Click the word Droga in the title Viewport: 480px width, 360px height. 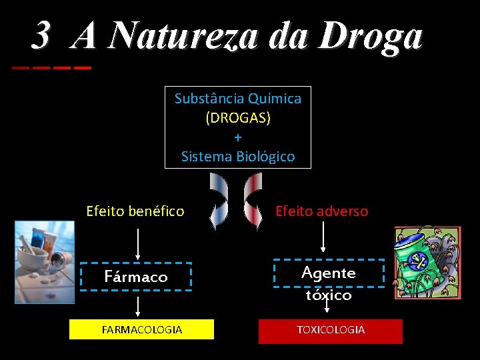[x=370, y=37]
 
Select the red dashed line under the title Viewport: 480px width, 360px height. [x=51, y=68]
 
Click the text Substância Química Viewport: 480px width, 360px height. [x=238, y=99]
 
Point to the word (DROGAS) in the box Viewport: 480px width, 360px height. [x=238, y=118]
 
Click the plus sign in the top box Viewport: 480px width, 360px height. [x=238, y=137]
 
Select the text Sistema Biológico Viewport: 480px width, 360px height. [x=238, y=157]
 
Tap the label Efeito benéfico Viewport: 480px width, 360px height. [x=135, y=211]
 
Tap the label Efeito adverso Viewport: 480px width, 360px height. [x=321, y=211]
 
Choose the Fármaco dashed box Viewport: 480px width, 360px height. [x=136, y=277]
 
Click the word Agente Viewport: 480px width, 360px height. [x=329, y=273]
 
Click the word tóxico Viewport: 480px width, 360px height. [x=329, y=295]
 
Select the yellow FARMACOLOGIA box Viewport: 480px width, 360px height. [x=142, y=329]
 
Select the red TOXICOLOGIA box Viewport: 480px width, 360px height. [x=331, y=330]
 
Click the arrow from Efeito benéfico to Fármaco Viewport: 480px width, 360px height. [x=138, y=243]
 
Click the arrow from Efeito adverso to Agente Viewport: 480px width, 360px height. [x=323, y=239]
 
